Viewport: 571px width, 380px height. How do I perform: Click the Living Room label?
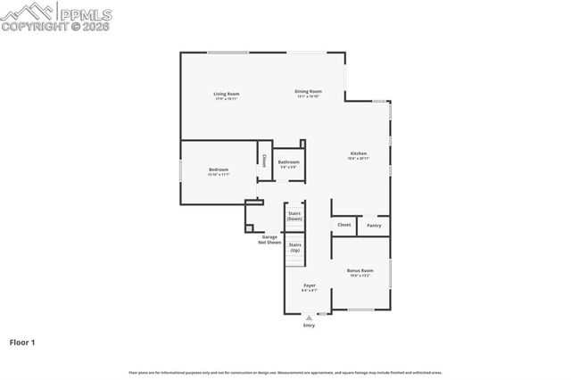[x=226, y=94]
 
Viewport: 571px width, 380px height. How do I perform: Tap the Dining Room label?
[x=308, y=91]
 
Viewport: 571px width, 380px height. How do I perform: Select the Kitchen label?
[x=358, y=153]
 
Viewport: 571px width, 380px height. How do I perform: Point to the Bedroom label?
[x=219, y=169]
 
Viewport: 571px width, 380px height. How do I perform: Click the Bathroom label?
[x=288, y=162]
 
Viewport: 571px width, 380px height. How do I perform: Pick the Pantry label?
[x=374, y=226]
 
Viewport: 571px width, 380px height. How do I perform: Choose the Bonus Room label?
[x=360, y=270]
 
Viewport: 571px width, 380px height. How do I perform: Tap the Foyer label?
[x=309, y=285]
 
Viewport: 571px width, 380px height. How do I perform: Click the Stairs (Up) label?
[x=294, y=247]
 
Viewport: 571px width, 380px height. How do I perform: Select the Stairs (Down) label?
[x=294, y=216]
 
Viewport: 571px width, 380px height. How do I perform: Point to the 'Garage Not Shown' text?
[x=269, y=239]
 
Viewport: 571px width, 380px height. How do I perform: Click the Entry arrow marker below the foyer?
[x=309, y=317]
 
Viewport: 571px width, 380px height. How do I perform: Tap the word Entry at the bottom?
[x=309, y=325]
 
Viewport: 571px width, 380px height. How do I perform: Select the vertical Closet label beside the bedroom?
[x=264, y=161]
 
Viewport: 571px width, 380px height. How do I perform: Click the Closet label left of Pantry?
[x=344, y=226]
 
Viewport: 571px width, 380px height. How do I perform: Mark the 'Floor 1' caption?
[x=22, y=342]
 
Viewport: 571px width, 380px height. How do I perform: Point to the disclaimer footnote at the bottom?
[x=285, y=372]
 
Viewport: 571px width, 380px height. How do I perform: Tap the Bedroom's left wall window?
[x=181, y=169]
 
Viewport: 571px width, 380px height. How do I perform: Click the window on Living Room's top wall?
[x=228, y=52]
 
